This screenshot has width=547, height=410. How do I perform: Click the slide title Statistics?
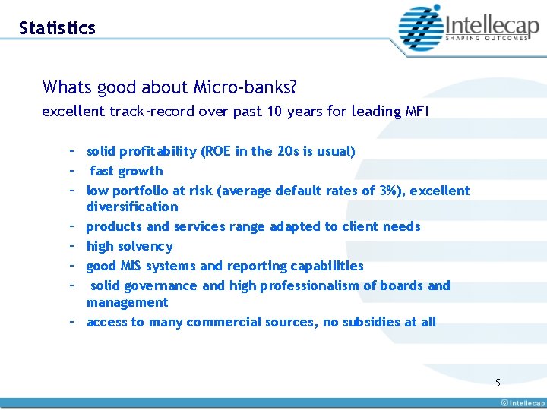57,28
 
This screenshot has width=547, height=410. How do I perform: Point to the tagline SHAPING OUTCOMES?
486,38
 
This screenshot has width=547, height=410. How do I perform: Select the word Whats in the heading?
67,87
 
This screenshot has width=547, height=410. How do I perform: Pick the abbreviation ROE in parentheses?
217,151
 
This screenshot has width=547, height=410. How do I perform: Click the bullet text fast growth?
127,171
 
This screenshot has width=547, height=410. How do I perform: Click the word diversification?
132,207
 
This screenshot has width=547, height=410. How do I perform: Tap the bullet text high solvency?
130,246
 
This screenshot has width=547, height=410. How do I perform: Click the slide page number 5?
498,383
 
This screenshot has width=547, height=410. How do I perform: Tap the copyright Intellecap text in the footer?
522,403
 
